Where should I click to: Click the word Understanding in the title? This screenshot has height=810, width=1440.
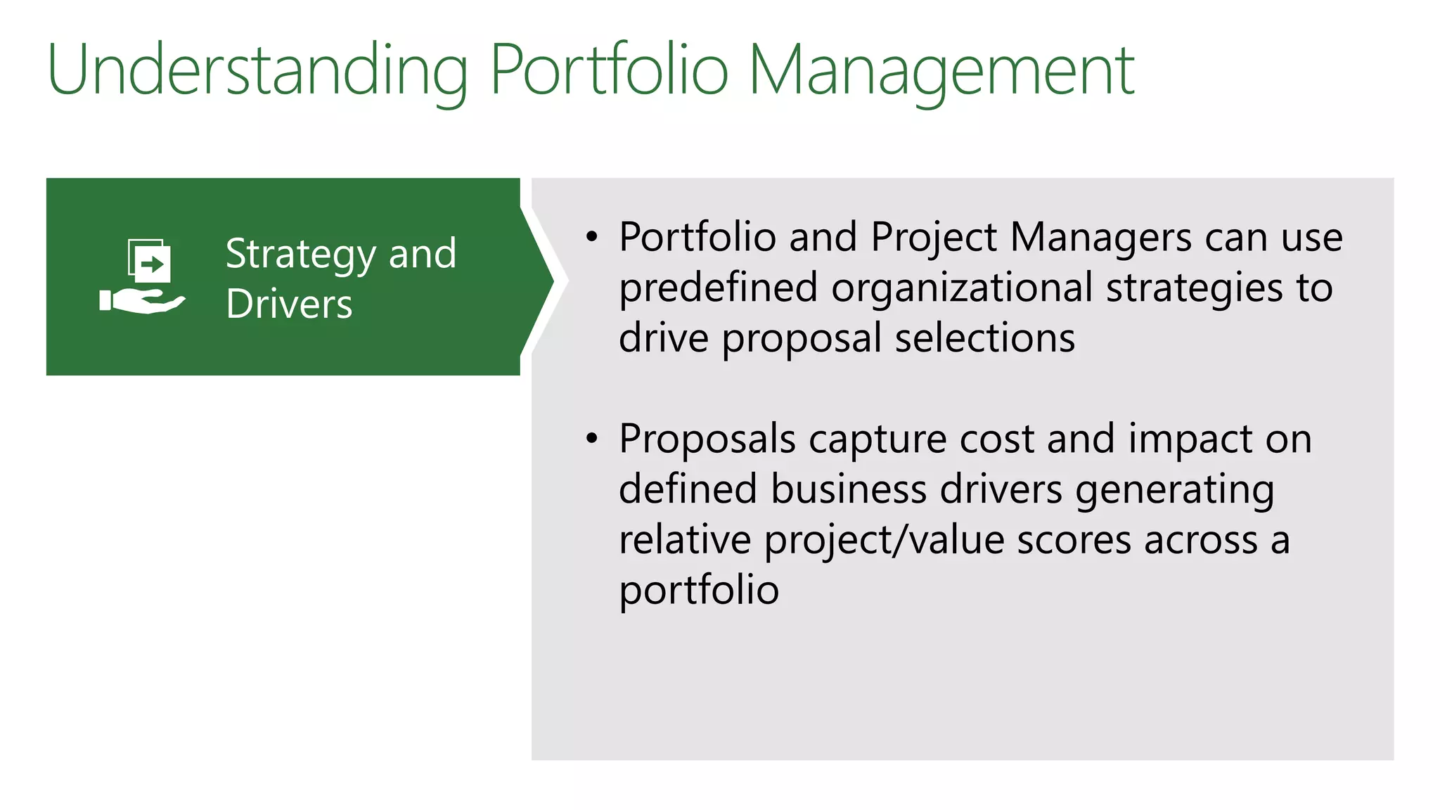257,70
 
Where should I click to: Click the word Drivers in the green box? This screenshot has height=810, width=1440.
289,304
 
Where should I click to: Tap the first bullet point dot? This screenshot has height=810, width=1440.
592,238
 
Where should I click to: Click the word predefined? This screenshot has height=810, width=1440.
718,288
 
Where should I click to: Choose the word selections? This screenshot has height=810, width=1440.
984,338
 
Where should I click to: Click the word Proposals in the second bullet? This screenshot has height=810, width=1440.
707,439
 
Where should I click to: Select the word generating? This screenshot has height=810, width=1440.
1174,490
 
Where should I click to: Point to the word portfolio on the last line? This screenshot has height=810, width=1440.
699,590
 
